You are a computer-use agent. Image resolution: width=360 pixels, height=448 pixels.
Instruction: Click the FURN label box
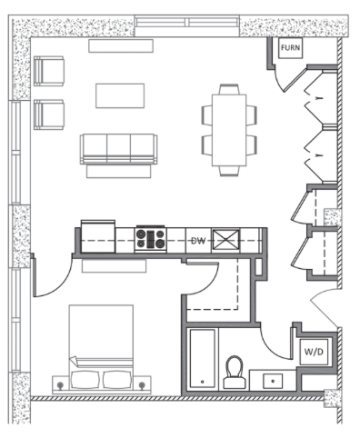290,48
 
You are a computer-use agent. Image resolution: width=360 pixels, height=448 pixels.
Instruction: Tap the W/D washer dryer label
314,352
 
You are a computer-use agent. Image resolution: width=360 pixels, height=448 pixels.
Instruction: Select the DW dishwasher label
198,241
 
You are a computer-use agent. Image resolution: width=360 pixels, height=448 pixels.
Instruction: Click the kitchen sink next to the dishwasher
225,241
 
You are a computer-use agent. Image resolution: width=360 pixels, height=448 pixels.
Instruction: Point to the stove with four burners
151,239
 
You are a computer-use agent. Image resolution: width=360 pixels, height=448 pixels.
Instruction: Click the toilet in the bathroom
235,373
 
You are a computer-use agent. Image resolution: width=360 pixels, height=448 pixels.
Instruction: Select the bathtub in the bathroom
202,359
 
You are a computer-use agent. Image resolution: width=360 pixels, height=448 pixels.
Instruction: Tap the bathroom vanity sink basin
273,381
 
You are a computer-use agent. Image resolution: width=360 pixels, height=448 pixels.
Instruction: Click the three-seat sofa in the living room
118,149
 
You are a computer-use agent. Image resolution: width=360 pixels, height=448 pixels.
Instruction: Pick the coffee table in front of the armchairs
120,95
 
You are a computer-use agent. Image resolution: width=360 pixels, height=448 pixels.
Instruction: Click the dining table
229,130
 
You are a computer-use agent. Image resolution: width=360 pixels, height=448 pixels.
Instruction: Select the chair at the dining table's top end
229,89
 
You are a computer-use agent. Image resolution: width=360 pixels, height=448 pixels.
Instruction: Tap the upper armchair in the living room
49,71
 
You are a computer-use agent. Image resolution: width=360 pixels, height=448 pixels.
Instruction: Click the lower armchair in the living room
49,114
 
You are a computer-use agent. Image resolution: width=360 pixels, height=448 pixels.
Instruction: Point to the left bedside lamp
60,385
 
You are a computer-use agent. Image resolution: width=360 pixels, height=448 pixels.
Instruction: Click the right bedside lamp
142,385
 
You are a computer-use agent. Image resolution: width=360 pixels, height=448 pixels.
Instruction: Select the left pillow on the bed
85,380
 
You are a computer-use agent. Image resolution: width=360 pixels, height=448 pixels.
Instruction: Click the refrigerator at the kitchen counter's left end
98,236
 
